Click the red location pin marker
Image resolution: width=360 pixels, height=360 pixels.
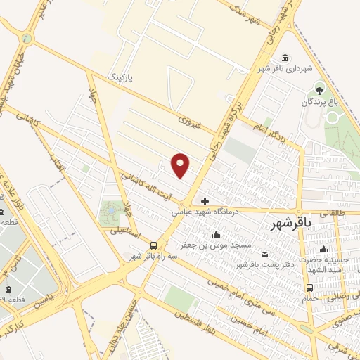click(181, 165)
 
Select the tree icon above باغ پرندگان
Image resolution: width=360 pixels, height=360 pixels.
click(321, 89)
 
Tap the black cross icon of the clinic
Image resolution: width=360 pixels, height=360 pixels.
click(205, 201)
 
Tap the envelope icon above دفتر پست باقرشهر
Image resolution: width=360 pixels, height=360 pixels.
click(264, 254)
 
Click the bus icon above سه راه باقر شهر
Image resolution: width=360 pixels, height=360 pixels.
click(153, 245)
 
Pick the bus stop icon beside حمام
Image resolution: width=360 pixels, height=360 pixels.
click(310, 287)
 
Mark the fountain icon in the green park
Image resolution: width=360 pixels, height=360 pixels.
click(110, 209)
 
